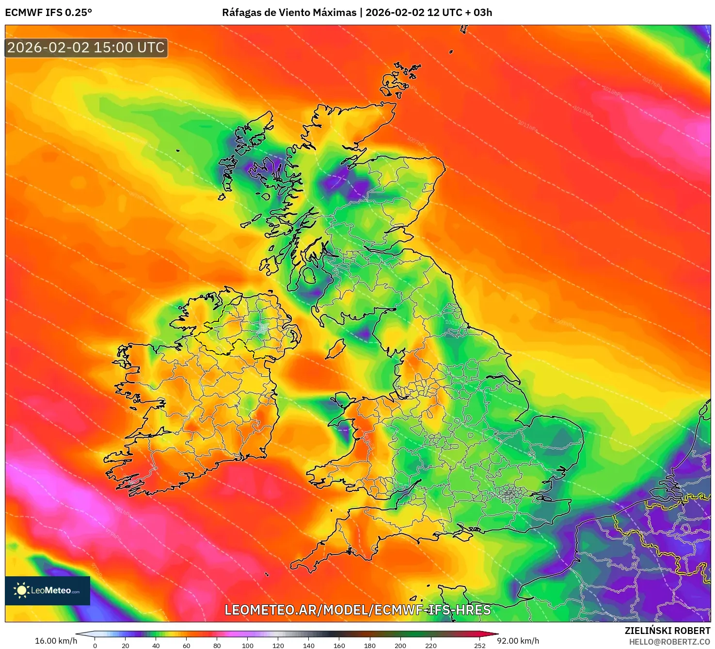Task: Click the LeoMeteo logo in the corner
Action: click(48, 590)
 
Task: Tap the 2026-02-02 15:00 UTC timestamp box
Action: click(86, 47)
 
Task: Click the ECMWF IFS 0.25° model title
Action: click(48, 13)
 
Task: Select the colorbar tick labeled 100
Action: click(248, 645)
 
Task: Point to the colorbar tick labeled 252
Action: click(480, 645)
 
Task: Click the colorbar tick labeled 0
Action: click(95, 645)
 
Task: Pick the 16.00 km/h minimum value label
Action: click(56, 641)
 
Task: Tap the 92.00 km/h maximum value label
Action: click(518, 641)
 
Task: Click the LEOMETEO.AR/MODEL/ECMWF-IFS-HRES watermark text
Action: click(358, 610)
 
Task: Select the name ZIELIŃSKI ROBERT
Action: click(667, 631)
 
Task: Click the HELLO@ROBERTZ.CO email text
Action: click(669, 642)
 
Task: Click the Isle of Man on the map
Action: click(334, 349)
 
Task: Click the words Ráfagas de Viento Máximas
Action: click(289, 13)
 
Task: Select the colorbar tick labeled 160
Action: click(339, 645)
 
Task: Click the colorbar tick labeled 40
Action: click(156, 645)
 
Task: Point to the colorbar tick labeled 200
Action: click(400, 645)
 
